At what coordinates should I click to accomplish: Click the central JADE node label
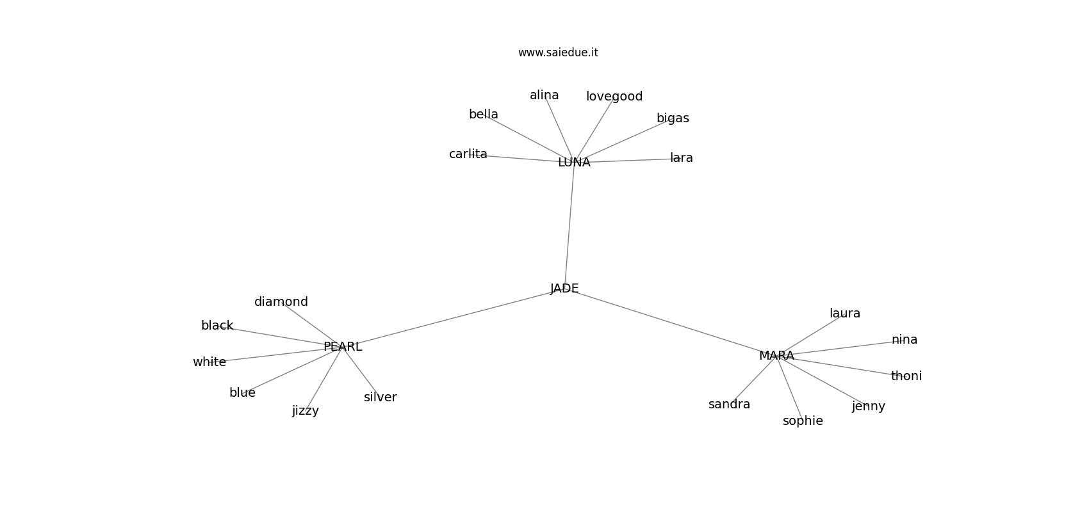click(564, 289)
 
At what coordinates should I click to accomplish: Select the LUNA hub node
click(574, 163)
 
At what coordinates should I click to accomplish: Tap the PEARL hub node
click(343, 347)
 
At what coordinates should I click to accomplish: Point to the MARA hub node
click(776, 356)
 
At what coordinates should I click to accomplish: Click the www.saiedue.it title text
click(558, 52)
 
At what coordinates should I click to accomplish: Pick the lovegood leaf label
click(614, 97)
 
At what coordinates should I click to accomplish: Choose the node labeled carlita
click(468, 154)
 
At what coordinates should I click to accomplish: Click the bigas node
click(673, 118)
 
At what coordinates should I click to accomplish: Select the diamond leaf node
click(281, 301)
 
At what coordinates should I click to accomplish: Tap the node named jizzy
click(306, 411)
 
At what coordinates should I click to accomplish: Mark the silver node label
click(380, 397)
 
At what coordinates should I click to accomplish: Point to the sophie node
click(803, 421)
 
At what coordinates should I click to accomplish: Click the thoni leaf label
click(906, 376)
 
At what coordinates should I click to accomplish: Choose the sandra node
click(729, 404)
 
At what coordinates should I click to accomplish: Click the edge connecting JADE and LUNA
click(569, 225)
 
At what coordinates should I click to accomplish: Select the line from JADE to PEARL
click(454, 317)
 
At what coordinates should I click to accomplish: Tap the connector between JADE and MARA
click(671, 322)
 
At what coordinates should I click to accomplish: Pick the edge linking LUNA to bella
click(529, 138)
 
